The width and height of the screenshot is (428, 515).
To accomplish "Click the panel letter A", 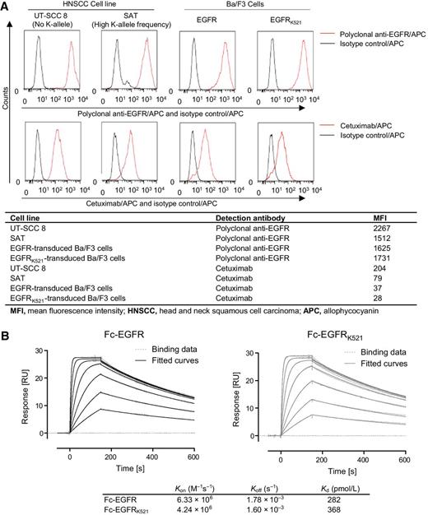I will (x=6, y=6).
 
